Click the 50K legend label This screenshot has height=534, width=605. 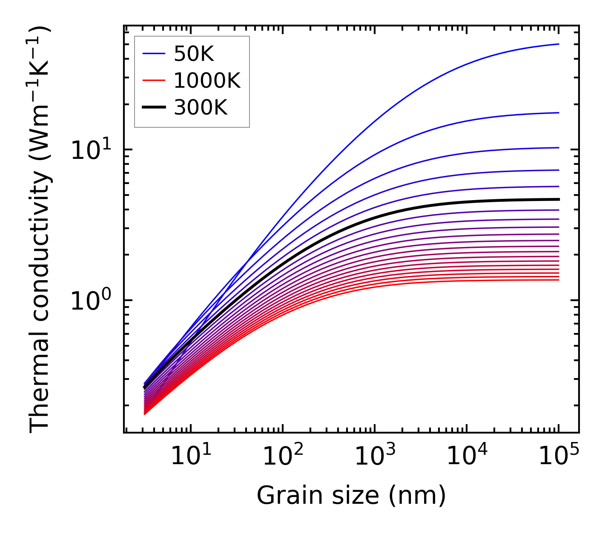(194, 54)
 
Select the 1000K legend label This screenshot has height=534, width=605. (207, 80)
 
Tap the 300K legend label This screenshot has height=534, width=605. (201, 108)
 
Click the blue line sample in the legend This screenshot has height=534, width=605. (153, 54)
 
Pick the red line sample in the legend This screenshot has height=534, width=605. (153, 80)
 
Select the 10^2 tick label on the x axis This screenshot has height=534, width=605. (282, 456)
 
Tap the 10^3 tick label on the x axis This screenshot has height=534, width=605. (374, 456)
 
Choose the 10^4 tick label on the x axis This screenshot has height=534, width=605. (467, 456)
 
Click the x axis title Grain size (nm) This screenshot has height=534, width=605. (351, 496)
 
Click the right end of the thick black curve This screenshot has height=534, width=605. (558, 199)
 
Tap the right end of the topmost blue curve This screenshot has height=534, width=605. (558, 44)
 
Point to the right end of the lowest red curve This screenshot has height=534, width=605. (558, 280)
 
